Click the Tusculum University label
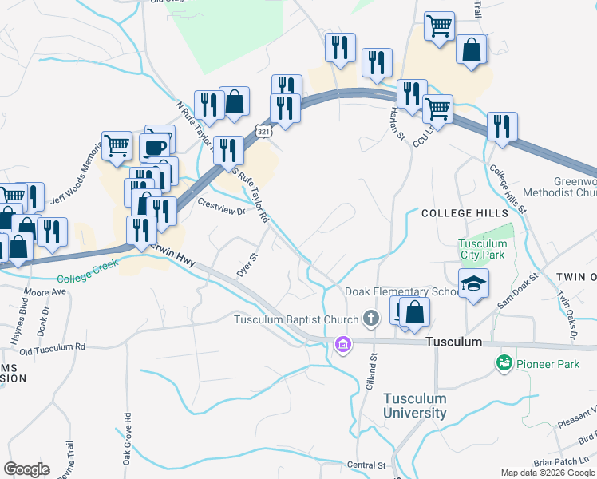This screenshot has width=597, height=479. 414,406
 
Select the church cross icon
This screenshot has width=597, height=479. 370,319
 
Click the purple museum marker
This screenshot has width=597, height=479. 344,345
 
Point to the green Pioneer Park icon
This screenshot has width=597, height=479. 504,364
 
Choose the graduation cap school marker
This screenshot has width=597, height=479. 473,283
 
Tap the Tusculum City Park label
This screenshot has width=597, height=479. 483,250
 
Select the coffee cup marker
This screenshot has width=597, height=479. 154,147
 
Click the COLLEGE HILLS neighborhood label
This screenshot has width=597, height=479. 464,213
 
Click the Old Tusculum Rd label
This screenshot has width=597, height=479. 53,348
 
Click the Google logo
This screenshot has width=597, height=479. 26,469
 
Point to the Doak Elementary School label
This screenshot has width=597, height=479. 401,291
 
